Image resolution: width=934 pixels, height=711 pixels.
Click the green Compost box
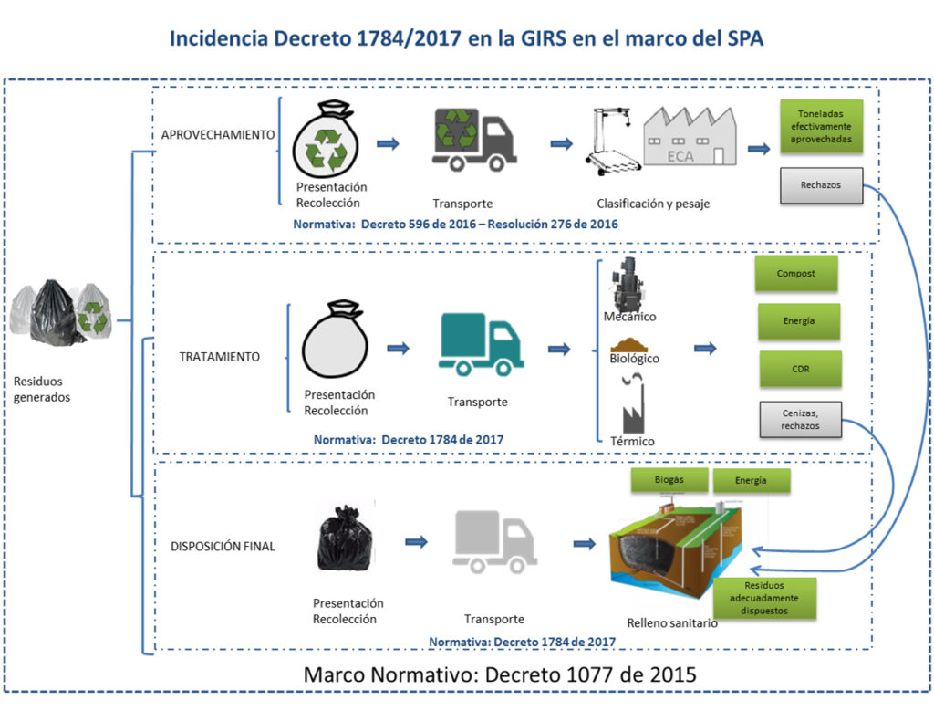pyautogui.click(x=796, y=273)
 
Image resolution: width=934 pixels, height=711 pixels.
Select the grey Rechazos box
pyautogui.click(x=821, y=185)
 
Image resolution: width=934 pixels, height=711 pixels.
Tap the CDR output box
pyautogui.click(x=800, y=369)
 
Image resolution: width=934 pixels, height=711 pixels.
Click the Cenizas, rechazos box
pyautogui.click(x=800, y=420)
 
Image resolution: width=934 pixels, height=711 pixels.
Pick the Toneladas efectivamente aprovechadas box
pyautogui.click(x=821, y=126)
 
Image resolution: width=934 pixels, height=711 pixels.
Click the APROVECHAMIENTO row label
pyautogui.click(x=218, y=134)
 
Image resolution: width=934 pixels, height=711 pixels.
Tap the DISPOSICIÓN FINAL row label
pyautogui.click(x=223, y=547)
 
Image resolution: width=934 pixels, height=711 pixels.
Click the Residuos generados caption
pyautogui.click(x=42, y=389)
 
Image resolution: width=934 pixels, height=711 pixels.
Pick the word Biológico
pyautogui.click(x=634, y=359)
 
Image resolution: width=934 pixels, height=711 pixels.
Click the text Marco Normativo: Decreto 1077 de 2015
pyautogui.click(x=499, y=675)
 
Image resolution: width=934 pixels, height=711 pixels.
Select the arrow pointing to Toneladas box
pyautogui.click(x=758, y=149)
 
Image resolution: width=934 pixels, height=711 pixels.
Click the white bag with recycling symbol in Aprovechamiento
pyautogui.click(x=326, y=142)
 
